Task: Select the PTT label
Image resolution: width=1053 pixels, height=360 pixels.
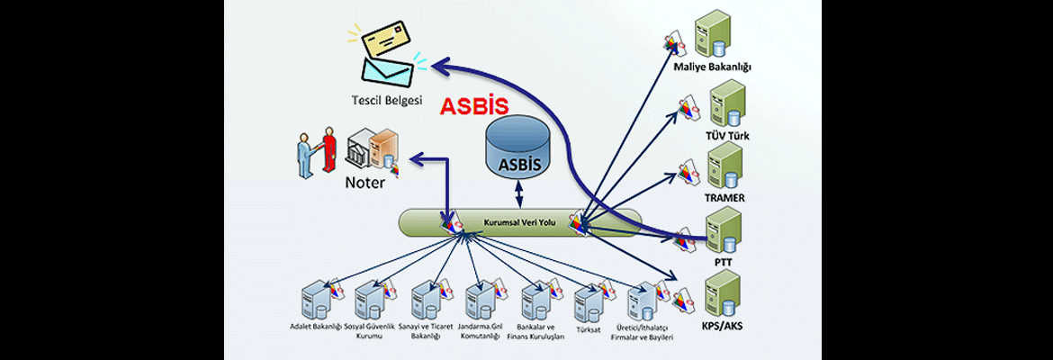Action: click(x=723, y=262)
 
